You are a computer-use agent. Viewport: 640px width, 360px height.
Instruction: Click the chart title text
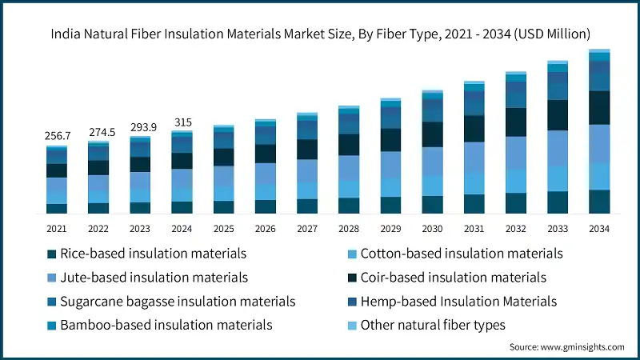click(x=320, y=34)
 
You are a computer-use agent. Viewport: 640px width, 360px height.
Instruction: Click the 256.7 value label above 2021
click(x=57, y=136)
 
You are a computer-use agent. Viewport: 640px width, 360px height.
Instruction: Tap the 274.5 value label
click(x=98, y=131)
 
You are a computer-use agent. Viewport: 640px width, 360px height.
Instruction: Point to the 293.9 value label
click(x=140, y=126)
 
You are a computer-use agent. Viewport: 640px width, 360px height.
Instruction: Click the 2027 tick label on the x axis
click(x=306, y=229)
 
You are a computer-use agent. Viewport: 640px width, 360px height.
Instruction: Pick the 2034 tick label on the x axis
click(x=599, y=229)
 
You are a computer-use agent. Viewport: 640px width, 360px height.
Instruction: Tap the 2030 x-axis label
click(x=432, y=229)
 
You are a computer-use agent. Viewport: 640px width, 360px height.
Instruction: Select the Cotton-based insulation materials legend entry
click(x=461, y=254)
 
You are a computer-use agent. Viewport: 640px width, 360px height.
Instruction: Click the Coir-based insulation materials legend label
click(x=453, y=278)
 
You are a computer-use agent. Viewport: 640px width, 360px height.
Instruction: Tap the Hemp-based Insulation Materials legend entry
click(x=458, y=302)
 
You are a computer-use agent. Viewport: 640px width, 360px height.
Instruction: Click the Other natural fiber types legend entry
click(x=432, y=325)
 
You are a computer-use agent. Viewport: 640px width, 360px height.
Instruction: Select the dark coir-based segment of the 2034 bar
click(x=599, y=107)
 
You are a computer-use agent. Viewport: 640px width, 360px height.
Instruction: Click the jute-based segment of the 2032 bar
click(x=516, y=152)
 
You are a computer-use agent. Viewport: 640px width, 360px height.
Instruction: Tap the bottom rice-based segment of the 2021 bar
click(x=57, y=209)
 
